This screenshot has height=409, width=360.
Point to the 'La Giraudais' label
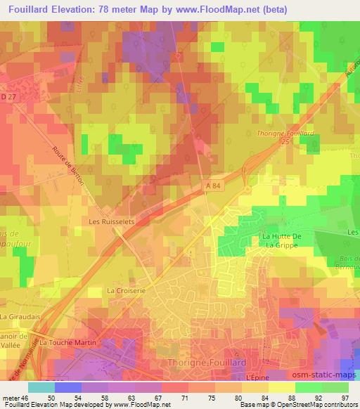pyautogui.click(x=18, y=317)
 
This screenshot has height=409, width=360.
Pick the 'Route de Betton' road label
pyautogui.click(x=68, y=166)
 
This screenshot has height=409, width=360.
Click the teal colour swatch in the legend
pyautogui.click(x=41, y=387)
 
